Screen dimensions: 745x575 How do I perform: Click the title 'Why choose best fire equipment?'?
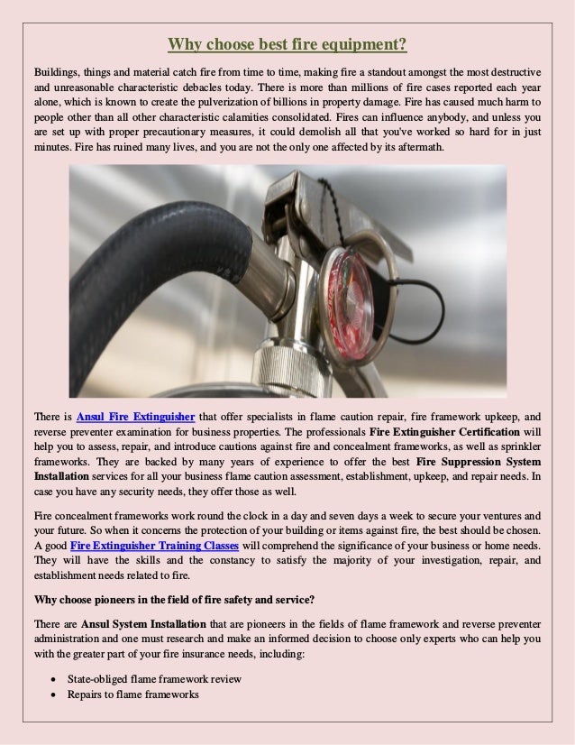287,44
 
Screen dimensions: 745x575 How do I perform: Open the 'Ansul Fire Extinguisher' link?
136,417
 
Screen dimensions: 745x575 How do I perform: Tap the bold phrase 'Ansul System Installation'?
143,623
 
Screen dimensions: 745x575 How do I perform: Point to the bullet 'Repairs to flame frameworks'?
132,694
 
